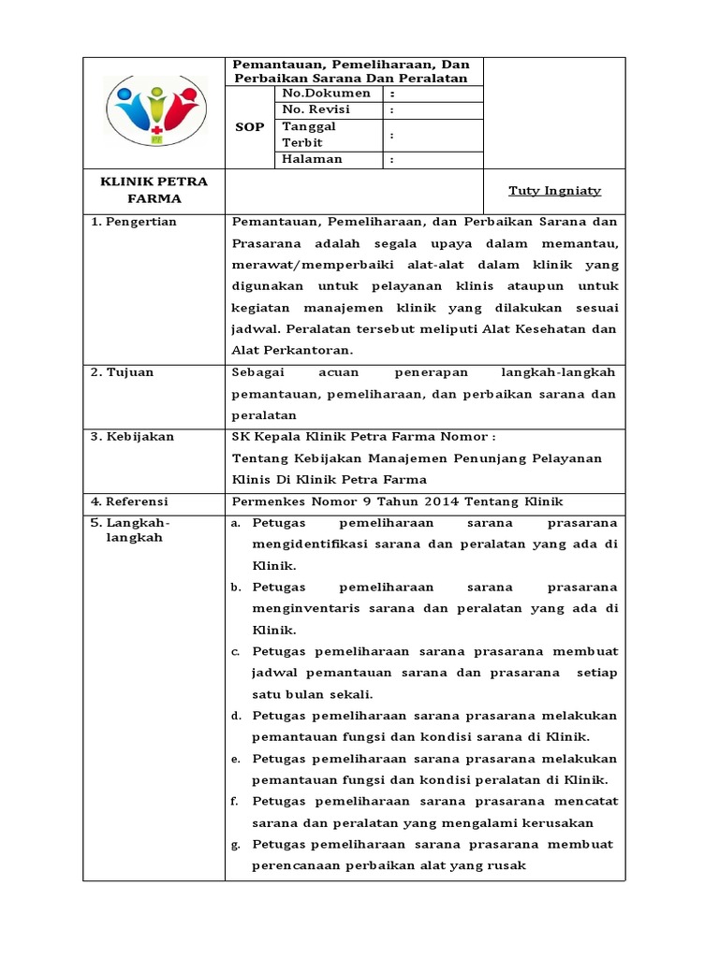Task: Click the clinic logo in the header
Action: click(154, 111)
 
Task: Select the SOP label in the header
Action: click(251, 126)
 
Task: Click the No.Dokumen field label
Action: click(327, 94)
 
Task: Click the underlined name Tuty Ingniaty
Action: click(554, 191)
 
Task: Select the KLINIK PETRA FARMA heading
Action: click(154, 190)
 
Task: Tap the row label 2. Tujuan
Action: click(123, 372)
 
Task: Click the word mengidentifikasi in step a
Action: click(308, 544)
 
